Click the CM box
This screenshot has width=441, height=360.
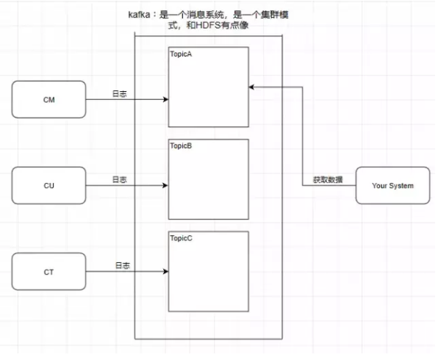pyautogui.click(x=49, y=100)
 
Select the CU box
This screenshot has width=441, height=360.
pyautogui.click(x=49, y=185)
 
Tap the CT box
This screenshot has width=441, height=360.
pyautogui.click(x=49, y=271)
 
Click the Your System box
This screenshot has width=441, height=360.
pyautogui.click(x=392, y=185)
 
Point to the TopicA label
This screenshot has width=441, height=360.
pyautogui.click(x=182, y=55)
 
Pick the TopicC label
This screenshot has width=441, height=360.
pyautogui.click(x=182, y=239)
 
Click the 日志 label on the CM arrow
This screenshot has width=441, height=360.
pyautogui.click(x=118, y=94)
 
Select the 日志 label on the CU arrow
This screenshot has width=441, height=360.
pyautogui.click(x=118, y=179)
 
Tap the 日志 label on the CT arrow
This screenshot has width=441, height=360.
pyautogui.click(x=121, y=264)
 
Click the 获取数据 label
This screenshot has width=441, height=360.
pyautogui.click(x=327, y=180)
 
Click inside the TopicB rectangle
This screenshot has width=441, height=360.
pyautogui.click(x=209, y=184)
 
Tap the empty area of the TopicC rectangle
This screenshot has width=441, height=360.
pyautogui.click(x=209, y=276)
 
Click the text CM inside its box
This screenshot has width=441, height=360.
pyautogui.click(x=49, y=100)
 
